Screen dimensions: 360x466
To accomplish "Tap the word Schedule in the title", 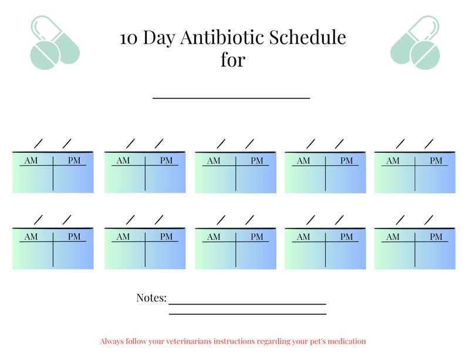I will [308, 38].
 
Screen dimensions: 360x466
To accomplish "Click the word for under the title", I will [232, 60].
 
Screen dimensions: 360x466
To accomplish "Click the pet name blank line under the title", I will [231, 97].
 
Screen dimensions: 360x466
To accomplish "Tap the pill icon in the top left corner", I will [54, 43].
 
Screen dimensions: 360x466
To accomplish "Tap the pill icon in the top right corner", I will [414, 43].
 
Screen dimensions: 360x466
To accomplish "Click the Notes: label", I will [151, 298].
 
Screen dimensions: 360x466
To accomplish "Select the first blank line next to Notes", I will [247, 304].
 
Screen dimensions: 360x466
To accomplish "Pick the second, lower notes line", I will [247, 314].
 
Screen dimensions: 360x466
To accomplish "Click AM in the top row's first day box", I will [31, 160].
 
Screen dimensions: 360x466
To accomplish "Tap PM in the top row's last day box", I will [436, 160].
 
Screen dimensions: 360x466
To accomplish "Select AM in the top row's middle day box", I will [214, 160].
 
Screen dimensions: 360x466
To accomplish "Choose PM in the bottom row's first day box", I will [75, 237].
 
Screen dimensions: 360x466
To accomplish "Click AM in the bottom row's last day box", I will [393, 237].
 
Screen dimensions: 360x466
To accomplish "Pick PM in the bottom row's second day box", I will [167, 237].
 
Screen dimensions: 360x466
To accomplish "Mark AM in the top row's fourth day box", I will [303, 160].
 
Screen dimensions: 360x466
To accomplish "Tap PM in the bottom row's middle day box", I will [257, 237].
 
